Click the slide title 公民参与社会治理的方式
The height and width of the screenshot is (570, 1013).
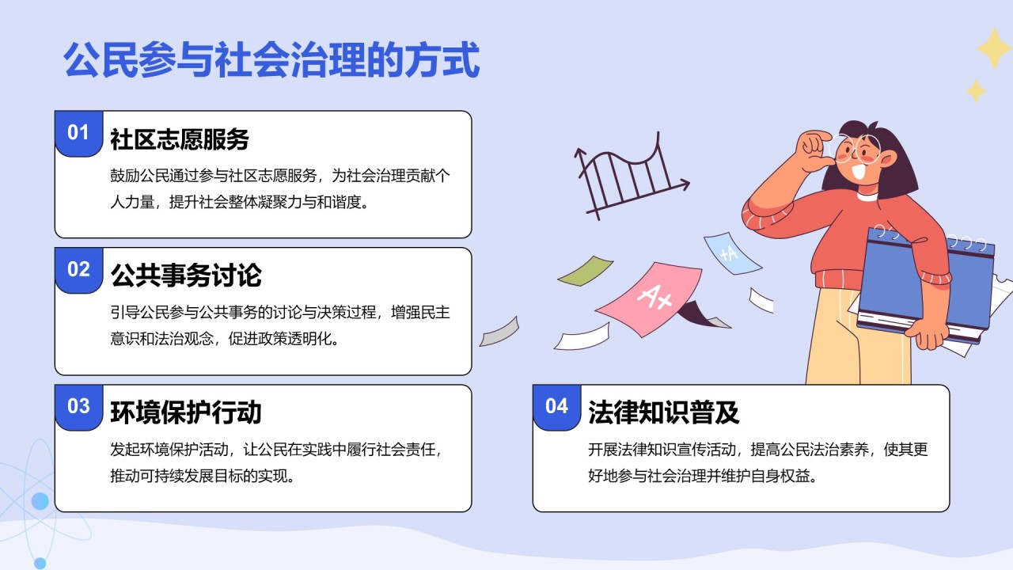coord(271,60)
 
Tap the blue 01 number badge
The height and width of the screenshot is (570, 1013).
coord(78,132)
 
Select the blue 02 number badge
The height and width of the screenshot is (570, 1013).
coord(78,269)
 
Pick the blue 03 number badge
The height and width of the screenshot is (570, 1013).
coord(78,406)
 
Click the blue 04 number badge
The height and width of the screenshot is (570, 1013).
coord(556,406)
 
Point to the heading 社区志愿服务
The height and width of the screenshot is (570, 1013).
coord(180,139)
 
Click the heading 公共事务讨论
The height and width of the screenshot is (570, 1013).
coord(186,276)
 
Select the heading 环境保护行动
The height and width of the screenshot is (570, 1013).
coord(186,412)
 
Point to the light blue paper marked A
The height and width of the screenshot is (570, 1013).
coord(730,253)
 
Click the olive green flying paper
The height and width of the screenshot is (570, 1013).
coord(586,271)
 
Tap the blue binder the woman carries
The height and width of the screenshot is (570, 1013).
coord(926,281)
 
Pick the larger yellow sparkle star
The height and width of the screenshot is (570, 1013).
coord(993,48)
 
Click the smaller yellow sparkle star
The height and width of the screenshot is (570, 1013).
coord(976,91)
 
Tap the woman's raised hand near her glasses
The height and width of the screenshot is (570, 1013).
coord(816,149)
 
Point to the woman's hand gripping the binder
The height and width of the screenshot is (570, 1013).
coord(931,332)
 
